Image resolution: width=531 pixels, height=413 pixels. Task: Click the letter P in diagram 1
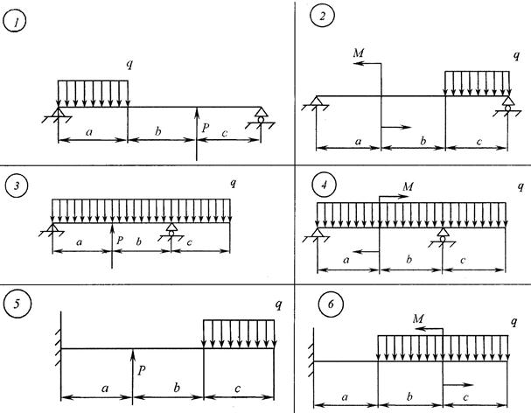point(206,129)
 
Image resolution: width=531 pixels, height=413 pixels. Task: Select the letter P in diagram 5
point(140,368)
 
